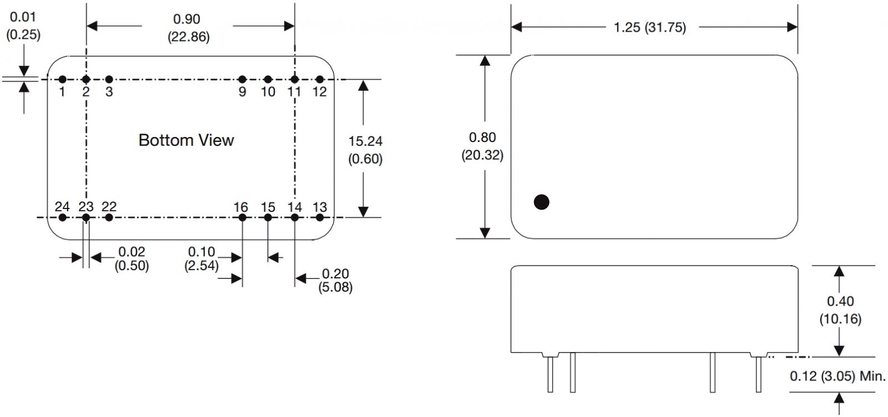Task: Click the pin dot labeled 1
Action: pos(62,80)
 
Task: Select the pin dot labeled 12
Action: pos(320,80)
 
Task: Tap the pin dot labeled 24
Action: pos(62,217)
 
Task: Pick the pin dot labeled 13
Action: pos(320,217)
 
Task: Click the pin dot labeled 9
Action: pos(242,80)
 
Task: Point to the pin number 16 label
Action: pos(240,207)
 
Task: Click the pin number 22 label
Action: pos(109,206)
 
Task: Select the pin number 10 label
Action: pos(268,92)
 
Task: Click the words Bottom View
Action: pos(186,140)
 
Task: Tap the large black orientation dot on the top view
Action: pos(541,202)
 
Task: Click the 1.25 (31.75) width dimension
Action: pos(650,27)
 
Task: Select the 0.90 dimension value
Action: pos(186,19)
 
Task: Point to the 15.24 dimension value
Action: pos(365,141)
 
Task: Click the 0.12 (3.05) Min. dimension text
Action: pos(837,377)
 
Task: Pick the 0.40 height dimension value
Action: pos(840,301)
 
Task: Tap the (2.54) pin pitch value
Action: pos(201,266)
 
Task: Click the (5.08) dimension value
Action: pos(335,287)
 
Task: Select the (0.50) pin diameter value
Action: pos(132,266)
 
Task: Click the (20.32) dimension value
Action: pos(482,155)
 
